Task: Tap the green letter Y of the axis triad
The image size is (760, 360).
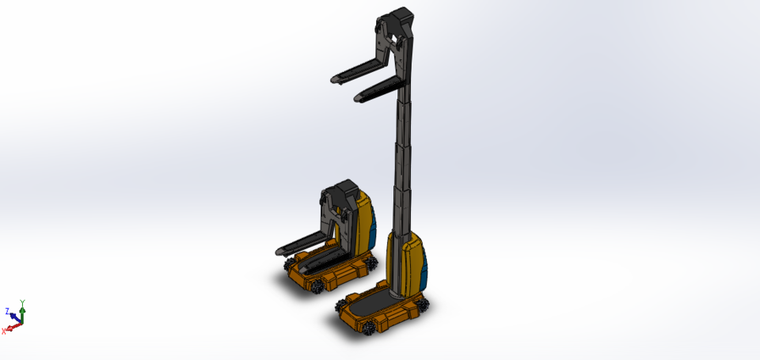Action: [x=22, y=303]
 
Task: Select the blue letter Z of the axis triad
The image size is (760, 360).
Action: [x=7, y=311]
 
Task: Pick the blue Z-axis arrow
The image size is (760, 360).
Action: [x=14, y=316]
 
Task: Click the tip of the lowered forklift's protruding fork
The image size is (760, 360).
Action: [x=279, y=252]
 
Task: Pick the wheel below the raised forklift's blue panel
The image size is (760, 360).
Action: [x=422, y=302]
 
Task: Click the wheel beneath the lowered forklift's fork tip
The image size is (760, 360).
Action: [x=298, y=262]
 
